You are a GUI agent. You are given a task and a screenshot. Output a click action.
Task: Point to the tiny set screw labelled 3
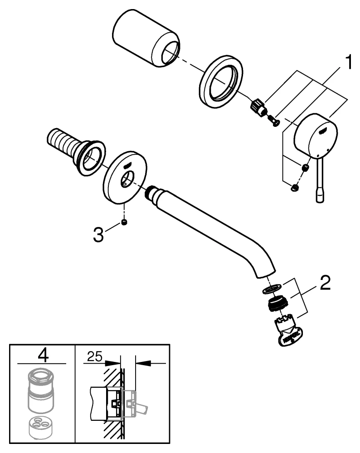click(x=124, y=222)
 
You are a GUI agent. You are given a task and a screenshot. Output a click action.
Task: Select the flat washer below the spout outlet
click(x=272, y=289)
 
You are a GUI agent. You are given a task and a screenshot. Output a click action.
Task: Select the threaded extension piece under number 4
click(x=42, y=390)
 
